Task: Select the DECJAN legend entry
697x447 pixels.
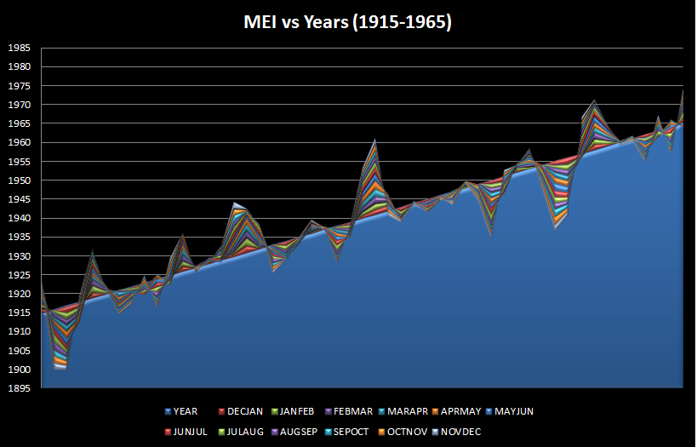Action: point(240,411)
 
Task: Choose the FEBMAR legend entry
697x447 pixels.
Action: point(357,411)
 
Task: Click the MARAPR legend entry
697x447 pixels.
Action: point(417,411)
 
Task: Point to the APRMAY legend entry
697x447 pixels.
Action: point(476,411)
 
